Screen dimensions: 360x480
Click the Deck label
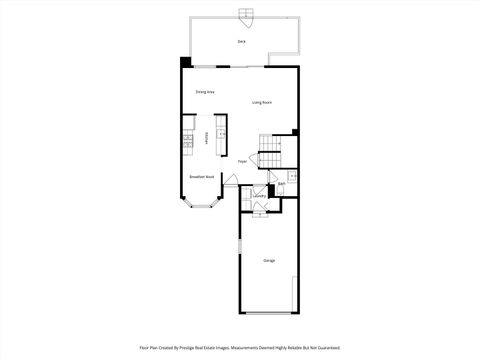[x=242, y=41]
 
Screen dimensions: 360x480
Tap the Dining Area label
[x=205, y=91]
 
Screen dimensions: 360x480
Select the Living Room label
[x=262, y=102]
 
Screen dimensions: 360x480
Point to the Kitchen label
[x=207, y=139]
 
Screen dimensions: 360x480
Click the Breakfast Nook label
[x=202, y=177]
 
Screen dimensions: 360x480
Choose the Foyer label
[x=242, y=161]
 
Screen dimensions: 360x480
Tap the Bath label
[x=282, y=184]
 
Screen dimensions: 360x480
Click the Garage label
[x=269, y=261]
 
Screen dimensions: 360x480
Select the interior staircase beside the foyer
[x=270, y=159]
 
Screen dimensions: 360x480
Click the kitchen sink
[x=221, y=132]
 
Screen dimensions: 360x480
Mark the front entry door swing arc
[x=231, y=180]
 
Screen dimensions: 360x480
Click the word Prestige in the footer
[x=193, y=348]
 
